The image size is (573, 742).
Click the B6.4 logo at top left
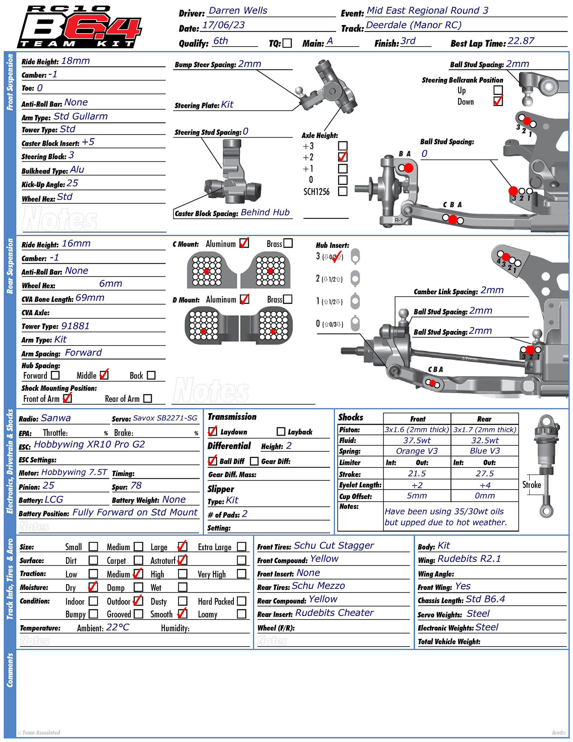(80, 27)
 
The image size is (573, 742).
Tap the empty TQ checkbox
(287, 43)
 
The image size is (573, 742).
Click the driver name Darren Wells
(238, 11)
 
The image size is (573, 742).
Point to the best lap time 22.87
(521, 41)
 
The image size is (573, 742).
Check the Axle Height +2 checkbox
(343, 157)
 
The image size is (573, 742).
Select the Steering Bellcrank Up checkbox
(498, 90)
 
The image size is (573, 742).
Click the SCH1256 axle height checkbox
(343, 191)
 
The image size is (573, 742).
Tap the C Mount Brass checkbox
(288, 243)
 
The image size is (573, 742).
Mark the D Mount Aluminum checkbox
(245, 299)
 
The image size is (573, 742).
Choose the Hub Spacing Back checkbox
(151, 375)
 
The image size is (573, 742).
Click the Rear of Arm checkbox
(148, 399)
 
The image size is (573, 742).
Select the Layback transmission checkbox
(281, 432)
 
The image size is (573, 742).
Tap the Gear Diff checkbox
(254, 461)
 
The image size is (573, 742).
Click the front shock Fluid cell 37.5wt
(417, 440)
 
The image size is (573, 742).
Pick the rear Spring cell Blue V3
(485, 451)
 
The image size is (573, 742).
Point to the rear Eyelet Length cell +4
(485, 485)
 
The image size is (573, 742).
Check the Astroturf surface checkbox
(183, 560)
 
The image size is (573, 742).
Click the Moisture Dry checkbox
(93, 587)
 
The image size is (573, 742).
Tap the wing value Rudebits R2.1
(469, 559)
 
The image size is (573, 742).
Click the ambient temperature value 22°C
(117, 627)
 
